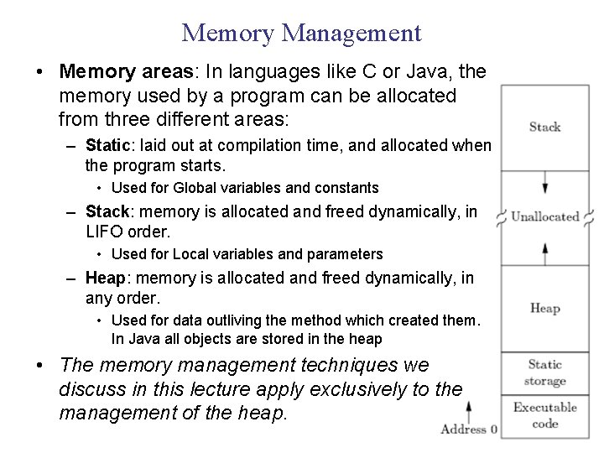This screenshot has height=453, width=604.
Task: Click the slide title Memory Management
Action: click(x=301, y=33)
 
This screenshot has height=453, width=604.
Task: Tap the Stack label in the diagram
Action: click(x=544, y=127)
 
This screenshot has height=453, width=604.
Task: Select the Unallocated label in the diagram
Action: click(x=545, y=216)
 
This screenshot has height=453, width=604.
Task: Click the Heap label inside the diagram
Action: click(x=544, y=308)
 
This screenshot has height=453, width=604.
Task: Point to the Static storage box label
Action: click(x=544, y=372)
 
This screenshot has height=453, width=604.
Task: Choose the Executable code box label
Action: click(x=544, y=415)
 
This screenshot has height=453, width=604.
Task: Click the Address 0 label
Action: click(x=470, y=430)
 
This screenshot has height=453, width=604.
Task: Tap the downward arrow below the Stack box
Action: click(x=545, y=184)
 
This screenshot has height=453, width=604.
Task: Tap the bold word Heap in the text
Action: click(x=104, y=278)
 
